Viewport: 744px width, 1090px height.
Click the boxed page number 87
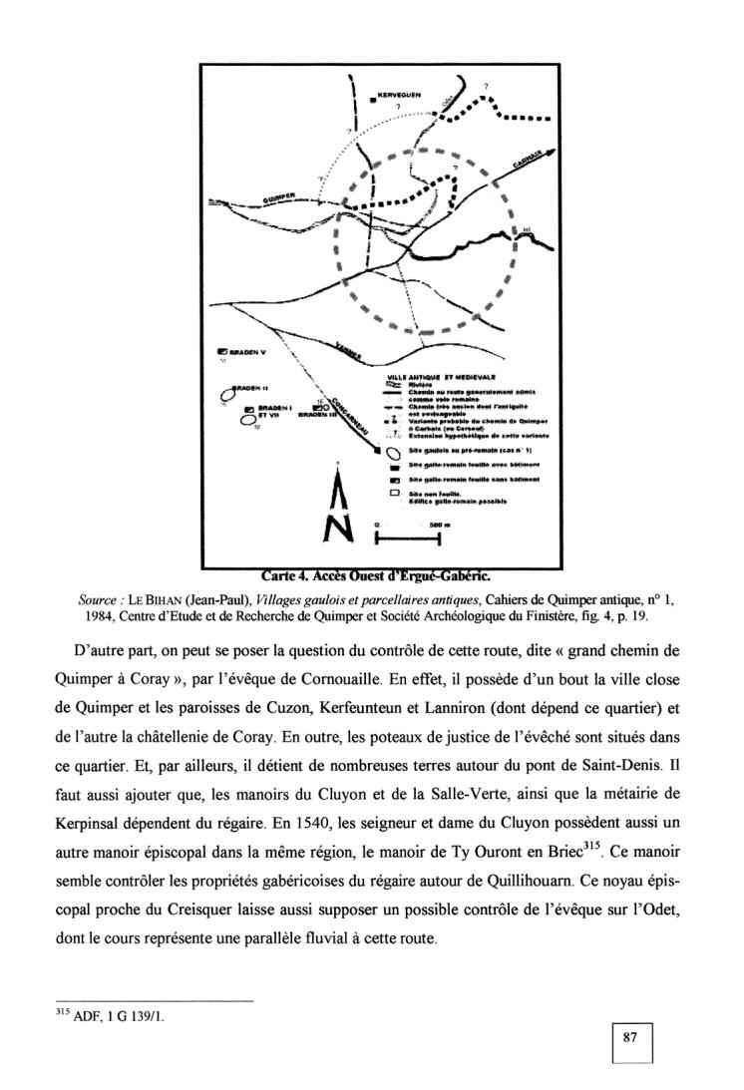[x=629, y=1038]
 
